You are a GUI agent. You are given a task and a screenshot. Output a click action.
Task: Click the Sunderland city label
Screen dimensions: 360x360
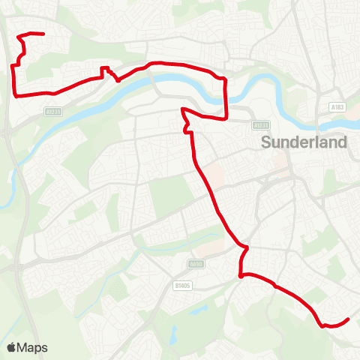(303, 142)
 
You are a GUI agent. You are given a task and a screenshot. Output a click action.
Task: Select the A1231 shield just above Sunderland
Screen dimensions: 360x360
(259, 125)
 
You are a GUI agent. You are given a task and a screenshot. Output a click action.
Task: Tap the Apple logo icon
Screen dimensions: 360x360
(11, 347)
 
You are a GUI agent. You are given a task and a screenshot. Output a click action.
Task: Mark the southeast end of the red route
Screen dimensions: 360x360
(349, 320)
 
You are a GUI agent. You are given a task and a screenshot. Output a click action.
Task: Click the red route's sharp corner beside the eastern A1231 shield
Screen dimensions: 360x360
(226, 118)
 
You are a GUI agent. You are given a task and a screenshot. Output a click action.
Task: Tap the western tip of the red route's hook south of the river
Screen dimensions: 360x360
(182, 109)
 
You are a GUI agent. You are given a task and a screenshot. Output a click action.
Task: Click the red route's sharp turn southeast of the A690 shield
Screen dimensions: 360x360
(241, 277)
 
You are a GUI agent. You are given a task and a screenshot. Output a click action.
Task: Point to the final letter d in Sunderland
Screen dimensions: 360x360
(343, 142)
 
